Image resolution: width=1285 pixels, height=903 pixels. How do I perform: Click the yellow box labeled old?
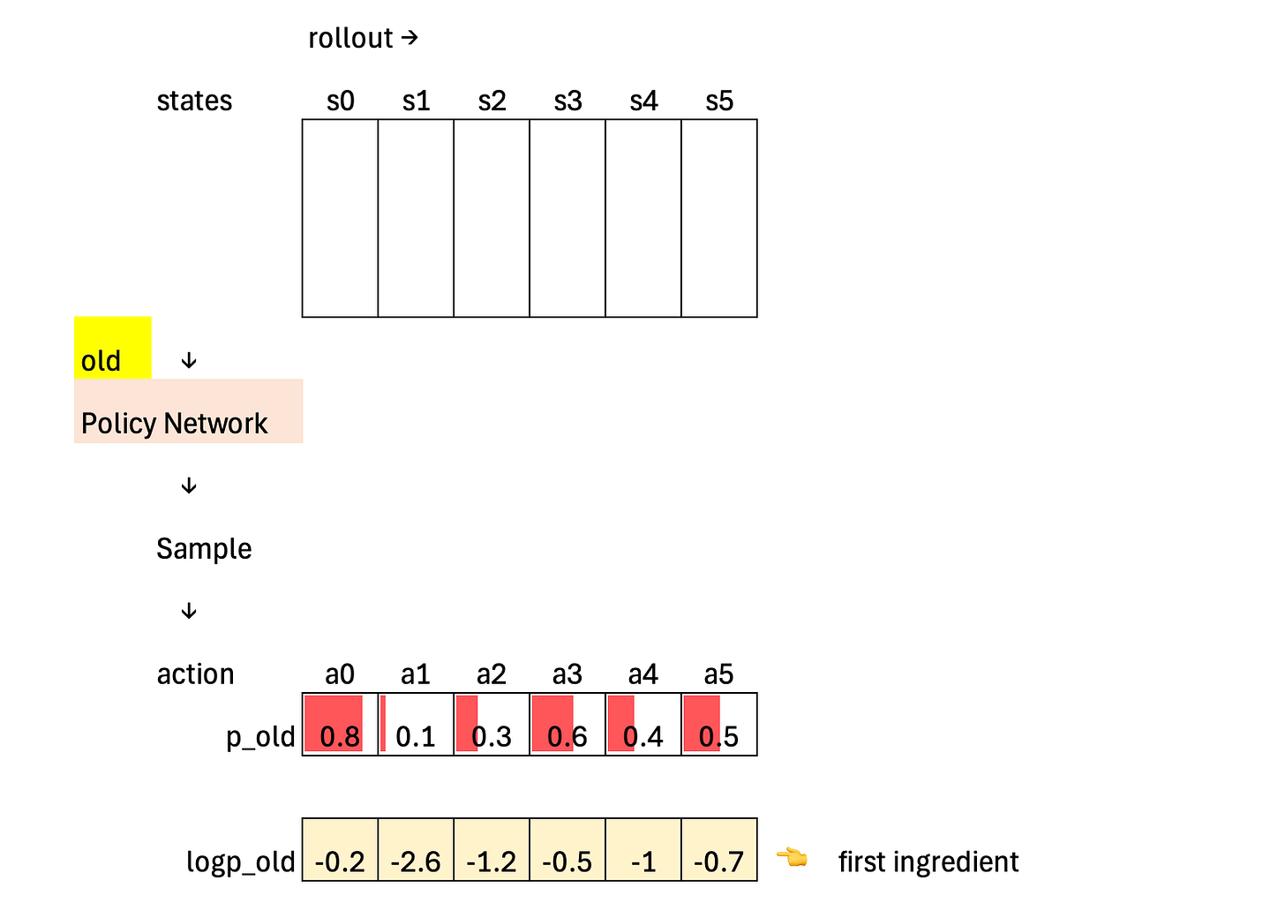click(112, 349)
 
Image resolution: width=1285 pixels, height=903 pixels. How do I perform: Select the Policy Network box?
click(188, 412)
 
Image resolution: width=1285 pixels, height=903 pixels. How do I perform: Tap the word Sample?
click(204, 549)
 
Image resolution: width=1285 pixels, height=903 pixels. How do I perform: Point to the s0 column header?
click(340, 102)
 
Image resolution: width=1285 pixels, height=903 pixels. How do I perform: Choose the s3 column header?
click(567, 102)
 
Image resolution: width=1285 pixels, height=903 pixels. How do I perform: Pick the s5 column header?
click(719, 102)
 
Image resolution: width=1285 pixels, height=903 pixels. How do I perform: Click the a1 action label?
click(416, 674)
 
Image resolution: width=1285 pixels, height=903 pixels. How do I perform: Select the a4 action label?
click(643, 674)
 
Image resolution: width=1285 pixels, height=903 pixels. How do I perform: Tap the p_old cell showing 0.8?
click(340, 725)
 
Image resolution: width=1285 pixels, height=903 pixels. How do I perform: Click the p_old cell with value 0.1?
click(416, 725)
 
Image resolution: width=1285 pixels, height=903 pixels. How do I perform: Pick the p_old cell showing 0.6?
click(567, 725)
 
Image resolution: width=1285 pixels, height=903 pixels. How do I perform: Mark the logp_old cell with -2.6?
click(416, 850)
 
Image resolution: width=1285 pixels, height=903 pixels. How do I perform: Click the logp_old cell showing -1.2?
click(492, 850)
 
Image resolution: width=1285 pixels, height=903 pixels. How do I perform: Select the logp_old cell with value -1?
click(643, 850)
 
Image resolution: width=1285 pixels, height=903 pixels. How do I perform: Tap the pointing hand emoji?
click(792, 857)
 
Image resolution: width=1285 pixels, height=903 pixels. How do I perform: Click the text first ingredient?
click(928, 862)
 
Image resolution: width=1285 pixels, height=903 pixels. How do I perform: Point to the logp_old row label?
click(240, 862)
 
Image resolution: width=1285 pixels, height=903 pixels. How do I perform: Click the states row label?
click(194, 102)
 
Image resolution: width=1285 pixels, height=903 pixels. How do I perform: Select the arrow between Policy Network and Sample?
click(188, 486)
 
